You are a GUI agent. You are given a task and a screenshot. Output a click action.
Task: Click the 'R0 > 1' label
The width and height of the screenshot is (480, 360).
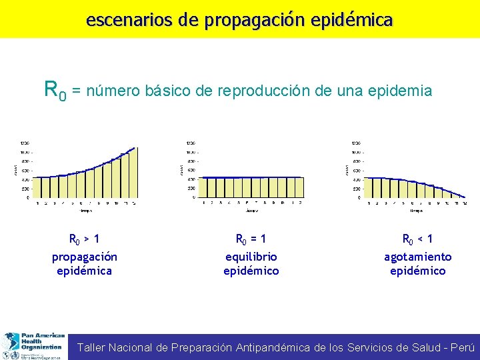pos(85,239)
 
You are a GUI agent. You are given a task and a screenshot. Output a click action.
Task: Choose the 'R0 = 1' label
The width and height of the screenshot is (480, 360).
pos(251,239)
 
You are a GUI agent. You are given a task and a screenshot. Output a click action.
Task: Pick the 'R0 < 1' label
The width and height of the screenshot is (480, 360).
pos(417,239)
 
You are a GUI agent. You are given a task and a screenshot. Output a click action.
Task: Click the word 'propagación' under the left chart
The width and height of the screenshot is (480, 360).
pos(85,257)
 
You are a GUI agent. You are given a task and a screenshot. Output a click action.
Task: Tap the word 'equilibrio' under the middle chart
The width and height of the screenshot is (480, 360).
pos(251,257)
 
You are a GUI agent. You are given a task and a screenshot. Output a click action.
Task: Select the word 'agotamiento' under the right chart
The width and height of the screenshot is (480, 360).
pos(417,257)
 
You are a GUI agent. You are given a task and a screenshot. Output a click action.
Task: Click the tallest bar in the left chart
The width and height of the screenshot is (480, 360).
pos(132,173)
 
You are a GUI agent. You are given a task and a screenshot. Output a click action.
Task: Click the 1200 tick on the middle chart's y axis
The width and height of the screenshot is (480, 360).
pos(191,143)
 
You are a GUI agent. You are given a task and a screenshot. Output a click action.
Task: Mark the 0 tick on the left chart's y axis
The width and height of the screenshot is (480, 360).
pos(28,197)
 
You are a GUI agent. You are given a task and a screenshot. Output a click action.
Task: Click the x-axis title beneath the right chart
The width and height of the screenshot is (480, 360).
pos(417,211)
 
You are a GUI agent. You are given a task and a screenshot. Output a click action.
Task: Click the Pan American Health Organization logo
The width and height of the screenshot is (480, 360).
pos(33,346)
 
